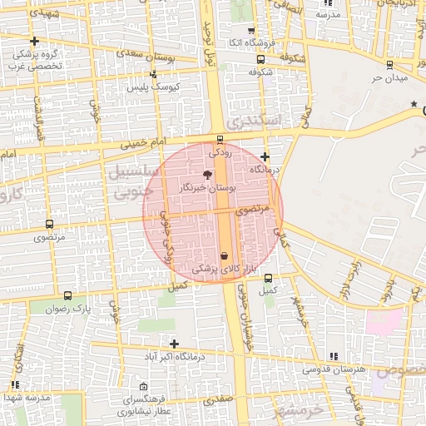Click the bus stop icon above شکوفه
tap(261, 59)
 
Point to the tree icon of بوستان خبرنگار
tap(207, 175)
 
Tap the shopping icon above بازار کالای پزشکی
tap(225, 255)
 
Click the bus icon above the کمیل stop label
tap(268, 279)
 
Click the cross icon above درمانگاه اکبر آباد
tap(174, 344)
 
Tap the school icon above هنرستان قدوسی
tap(334, 356)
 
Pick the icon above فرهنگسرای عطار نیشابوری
tap(145, 387)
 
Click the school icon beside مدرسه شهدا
tap(15, 384)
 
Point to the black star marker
tap(414, 103)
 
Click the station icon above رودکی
tap(219, 139)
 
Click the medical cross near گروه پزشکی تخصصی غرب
tap(34, 41)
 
